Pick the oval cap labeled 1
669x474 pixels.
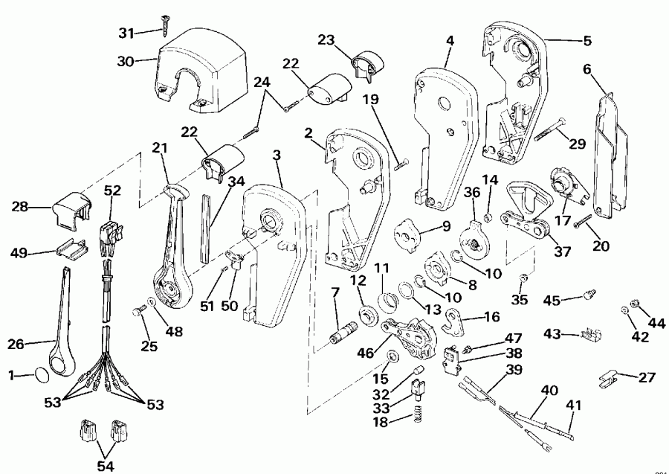coord(43,372)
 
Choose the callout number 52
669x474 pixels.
coord(112,190)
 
